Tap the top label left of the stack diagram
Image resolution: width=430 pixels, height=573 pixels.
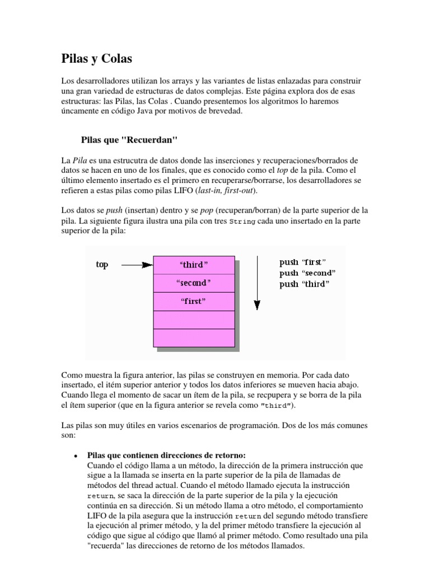click(x=102, y=264)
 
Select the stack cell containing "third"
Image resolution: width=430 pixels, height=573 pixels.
click(x=193, y=265)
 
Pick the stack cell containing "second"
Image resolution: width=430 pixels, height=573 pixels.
click(x=193, y=283)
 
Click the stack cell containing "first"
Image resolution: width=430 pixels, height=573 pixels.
click(x=193, y=302)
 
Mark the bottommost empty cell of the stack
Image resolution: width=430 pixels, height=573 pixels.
click(x=193, y=337)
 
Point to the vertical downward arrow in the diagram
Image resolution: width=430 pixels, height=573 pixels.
click(x=256, y=283)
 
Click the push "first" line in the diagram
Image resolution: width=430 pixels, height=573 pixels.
click(x=303, y=262)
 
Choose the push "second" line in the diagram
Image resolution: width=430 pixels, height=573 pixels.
click(x=307, y=273)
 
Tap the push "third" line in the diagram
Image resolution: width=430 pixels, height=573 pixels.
click(x=305, y=284)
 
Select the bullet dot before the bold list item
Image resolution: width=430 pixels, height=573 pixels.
click(x=75, y=440)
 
